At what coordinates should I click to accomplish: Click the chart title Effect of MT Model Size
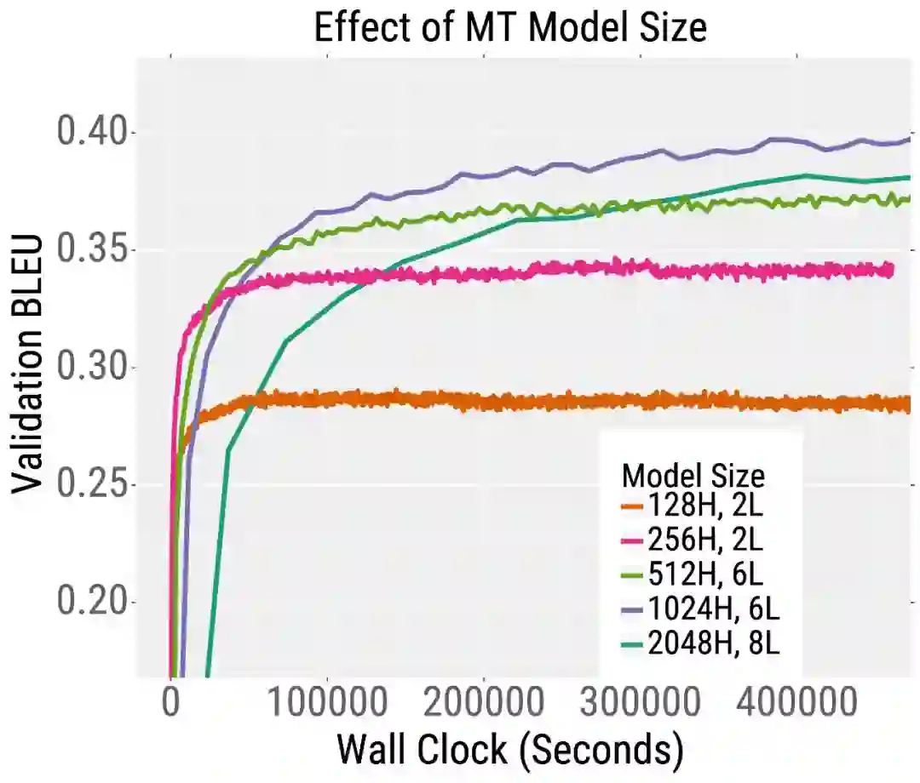510,27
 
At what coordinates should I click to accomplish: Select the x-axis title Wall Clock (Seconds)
510,751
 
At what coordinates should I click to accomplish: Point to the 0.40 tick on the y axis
93,133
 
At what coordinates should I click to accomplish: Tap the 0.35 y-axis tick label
93,250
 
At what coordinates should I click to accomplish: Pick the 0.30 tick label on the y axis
93,368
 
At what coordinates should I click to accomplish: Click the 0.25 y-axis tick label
93,485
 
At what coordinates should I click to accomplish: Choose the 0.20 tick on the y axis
93,603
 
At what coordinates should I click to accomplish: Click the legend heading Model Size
693,474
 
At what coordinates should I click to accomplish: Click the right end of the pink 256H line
891,270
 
